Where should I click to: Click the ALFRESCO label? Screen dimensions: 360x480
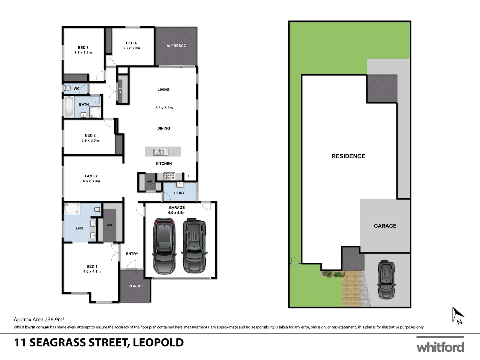[176, 46]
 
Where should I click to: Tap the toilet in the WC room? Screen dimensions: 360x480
[68, 88]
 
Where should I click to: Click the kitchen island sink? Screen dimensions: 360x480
[158, 152]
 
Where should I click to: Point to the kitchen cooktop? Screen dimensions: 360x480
[169, 176]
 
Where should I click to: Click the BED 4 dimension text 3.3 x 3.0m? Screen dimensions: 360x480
[131, 48]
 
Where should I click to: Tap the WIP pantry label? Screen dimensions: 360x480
[149, 182]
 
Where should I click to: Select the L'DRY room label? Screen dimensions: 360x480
[179, 193]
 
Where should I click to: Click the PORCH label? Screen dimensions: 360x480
[135, 286]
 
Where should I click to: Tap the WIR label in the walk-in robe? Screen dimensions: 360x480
[109, 225]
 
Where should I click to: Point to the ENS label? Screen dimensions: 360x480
[79, 228]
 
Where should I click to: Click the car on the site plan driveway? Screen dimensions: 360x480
[386, 279]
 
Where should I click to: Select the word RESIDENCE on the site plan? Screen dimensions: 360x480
[348, 156]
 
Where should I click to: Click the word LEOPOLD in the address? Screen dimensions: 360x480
[158, 342]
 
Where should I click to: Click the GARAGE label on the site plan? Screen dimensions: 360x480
[385, 226]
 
